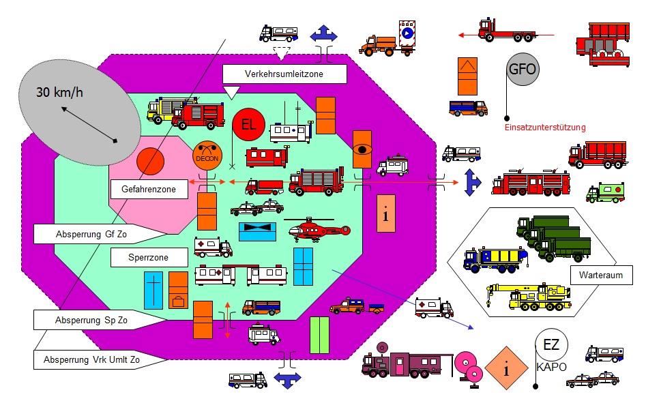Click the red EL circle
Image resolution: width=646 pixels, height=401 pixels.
[x=248, y=124]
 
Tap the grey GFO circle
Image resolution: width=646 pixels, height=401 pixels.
[x=523, y=69]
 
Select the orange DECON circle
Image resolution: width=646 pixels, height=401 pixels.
[x=207, y=156]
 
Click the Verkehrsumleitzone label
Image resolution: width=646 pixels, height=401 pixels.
[x=284, y=74]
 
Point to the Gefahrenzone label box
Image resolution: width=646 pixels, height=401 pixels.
[x=149, y=190]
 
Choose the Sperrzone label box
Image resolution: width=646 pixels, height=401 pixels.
[x=149, y=258]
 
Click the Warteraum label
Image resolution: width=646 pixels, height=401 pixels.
[x=601, y=275]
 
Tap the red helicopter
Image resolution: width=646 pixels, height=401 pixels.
[x=317, y=228]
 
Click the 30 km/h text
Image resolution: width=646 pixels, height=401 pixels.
[x=59, y=92]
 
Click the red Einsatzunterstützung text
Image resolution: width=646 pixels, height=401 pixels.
[x=545, y=128]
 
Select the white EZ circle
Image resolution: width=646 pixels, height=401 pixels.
[x=552, y=345]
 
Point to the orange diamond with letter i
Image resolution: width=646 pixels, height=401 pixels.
[x=506, y=368]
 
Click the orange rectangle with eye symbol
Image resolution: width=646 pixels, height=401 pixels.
[x=362, y=149]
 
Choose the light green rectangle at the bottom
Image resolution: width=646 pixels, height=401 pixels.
[x=319, y=335]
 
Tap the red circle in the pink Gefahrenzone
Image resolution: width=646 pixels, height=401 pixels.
[x=150, y=162]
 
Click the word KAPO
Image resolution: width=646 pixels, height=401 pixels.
[x=552, y=367]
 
